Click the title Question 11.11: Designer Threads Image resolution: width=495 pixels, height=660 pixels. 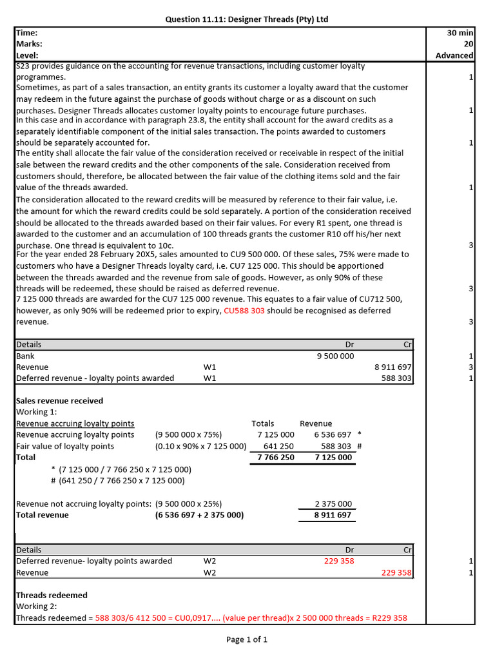click(247, 19)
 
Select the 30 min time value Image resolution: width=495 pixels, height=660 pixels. click(460, 32)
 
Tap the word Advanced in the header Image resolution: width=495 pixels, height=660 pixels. click(454, 55)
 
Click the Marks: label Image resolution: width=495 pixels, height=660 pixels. click(29, 44)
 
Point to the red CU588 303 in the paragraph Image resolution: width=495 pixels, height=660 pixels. click(244, 311)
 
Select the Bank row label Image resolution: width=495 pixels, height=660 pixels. click(26, 356)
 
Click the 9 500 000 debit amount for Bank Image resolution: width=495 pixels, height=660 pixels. click(335, 356)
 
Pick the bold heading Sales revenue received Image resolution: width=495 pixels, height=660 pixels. click(59, 400)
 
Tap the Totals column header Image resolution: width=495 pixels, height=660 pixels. click(262, 423)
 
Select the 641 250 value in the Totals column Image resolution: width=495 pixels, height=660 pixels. click(278, 446)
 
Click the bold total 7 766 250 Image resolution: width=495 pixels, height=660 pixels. click(275, 458)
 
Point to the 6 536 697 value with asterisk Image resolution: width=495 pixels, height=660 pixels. click(333, 435)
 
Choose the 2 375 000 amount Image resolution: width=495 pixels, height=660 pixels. click(333, 504)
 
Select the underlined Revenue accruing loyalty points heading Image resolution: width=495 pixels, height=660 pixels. click(75, 423)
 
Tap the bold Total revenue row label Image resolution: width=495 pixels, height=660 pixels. click(43, 515)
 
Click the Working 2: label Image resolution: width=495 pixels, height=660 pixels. click(37, 607)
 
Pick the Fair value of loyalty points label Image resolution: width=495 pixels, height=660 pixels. click(65, 446)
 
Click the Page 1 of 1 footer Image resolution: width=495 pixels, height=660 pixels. click(247, 639)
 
